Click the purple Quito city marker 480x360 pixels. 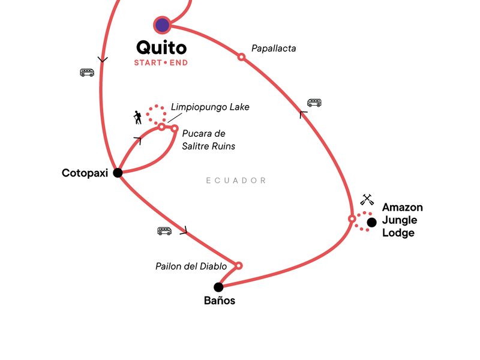(x=162, y=25)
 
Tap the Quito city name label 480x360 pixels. (x=161, y=47)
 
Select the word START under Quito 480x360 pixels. (x=146, y=62)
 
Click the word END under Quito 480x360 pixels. (x=178, y=62)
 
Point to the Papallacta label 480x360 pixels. (x=274, y=48)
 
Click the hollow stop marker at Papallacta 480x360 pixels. (x=241, y=57)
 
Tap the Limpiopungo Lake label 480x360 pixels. (x=210, y=107)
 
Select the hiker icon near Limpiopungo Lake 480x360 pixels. (x=138, y=117)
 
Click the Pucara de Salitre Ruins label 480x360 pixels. (x=208, y=139)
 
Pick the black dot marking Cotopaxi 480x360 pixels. (x=118, y=173)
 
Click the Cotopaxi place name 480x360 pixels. (x=85, y=173)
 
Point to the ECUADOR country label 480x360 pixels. (x=236, y=180)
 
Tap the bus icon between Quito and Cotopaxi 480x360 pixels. (x=87, y=73)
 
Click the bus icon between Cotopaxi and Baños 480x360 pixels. (x=164, y=230)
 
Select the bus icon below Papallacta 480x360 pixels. (x=314, y=103)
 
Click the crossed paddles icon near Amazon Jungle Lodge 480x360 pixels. (x=367, y=199)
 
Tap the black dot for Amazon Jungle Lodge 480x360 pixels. (x=371, y=222)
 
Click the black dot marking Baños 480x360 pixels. (x=218, y=287)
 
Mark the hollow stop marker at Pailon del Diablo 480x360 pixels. (x=238, y=265)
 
